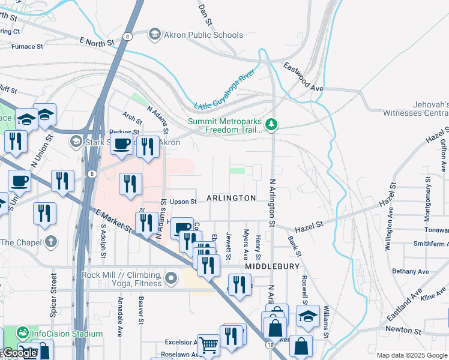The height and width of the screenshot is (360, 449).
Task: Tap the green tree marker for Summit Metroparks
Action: coord(273,125)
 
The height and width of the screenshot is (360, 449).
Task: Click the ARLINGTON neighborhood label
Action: coord(231,198)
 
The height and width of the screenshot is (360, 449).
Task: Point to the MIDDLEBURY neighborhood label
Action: coord(268,265)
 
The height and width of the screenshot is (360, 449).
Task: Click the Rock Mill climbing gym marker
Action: coord(172,278)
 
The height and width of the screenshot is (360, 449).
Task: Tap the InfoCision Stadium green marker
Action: coord(23,332)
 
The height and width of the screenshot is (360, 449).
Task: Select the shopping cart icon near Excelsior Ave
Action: coord(208,345)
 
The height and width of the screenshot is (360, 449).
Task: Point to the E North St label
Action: coord(96,41)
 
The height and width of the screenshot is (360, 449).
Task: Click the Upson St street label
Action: coord(183,202)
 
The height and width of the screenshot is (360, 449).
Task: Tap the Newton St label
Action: coord(403,330)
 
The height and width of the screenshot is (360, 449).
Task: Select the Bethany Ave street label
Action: coord(410,271)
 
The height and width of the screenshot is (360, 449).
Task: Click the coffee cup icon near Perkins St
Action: coord(122,145)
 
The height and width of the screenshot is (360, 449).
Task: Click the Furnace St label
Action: coord(27,46)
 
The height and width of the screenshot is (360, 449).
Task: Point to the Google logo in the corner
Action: coord(19,353)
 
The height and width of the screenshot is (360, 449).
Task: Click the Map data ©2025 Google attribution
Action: coord(412,355)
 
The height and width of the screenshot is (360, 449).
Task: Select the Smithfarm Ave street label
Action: coord(430,244)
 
